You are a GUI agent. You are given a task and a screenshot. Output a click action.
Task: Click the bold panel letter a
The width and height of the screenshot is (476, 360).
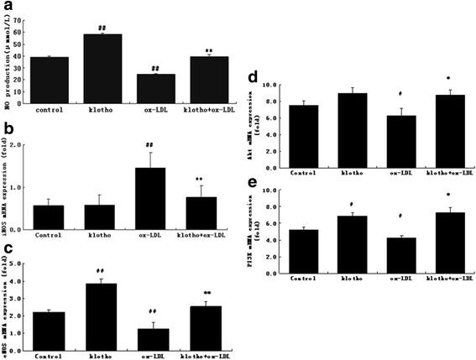tap(7, 8)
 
